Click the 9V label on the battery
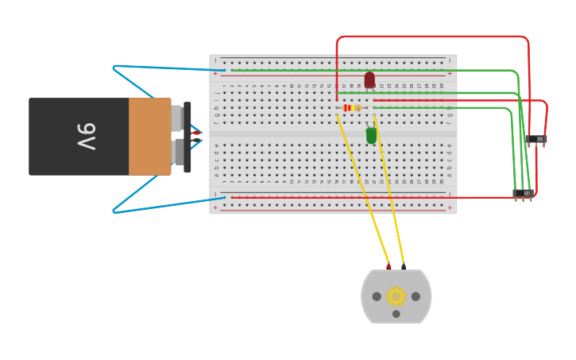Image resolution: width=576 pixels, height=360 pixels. (86, 136)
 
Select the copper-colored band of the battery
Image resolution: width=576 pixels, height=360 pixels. (149, 136)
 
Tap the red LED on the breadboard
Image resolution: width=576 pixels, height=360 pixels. (369, 79)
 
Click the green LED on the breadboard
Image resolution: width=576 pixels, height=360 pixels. (371, 136)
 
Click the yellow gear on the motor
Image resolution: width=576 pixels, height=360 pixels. (396, 296)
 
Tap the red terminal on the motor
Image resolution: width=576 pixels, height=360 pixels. (389, 267)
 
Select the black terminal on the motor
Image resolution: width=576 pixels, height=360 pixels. (404, 266)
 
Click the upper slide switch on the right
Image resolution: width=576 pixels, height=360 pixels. (536, 139)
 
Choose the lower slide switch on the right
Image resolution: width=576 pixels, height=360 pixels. (523, 193)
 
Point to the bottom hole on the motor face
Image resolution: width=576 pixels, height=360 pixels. (396, 314)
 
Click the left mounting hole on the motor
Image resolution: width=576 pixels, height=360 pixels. (377, 296)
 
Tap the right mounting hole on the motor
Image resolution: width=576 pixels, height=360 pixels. (416, 296)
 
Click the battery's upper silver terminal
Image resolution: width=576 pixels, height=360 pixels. (176, 118)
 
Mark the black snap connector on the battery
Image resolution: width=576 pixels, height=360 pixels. (187, 137)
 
